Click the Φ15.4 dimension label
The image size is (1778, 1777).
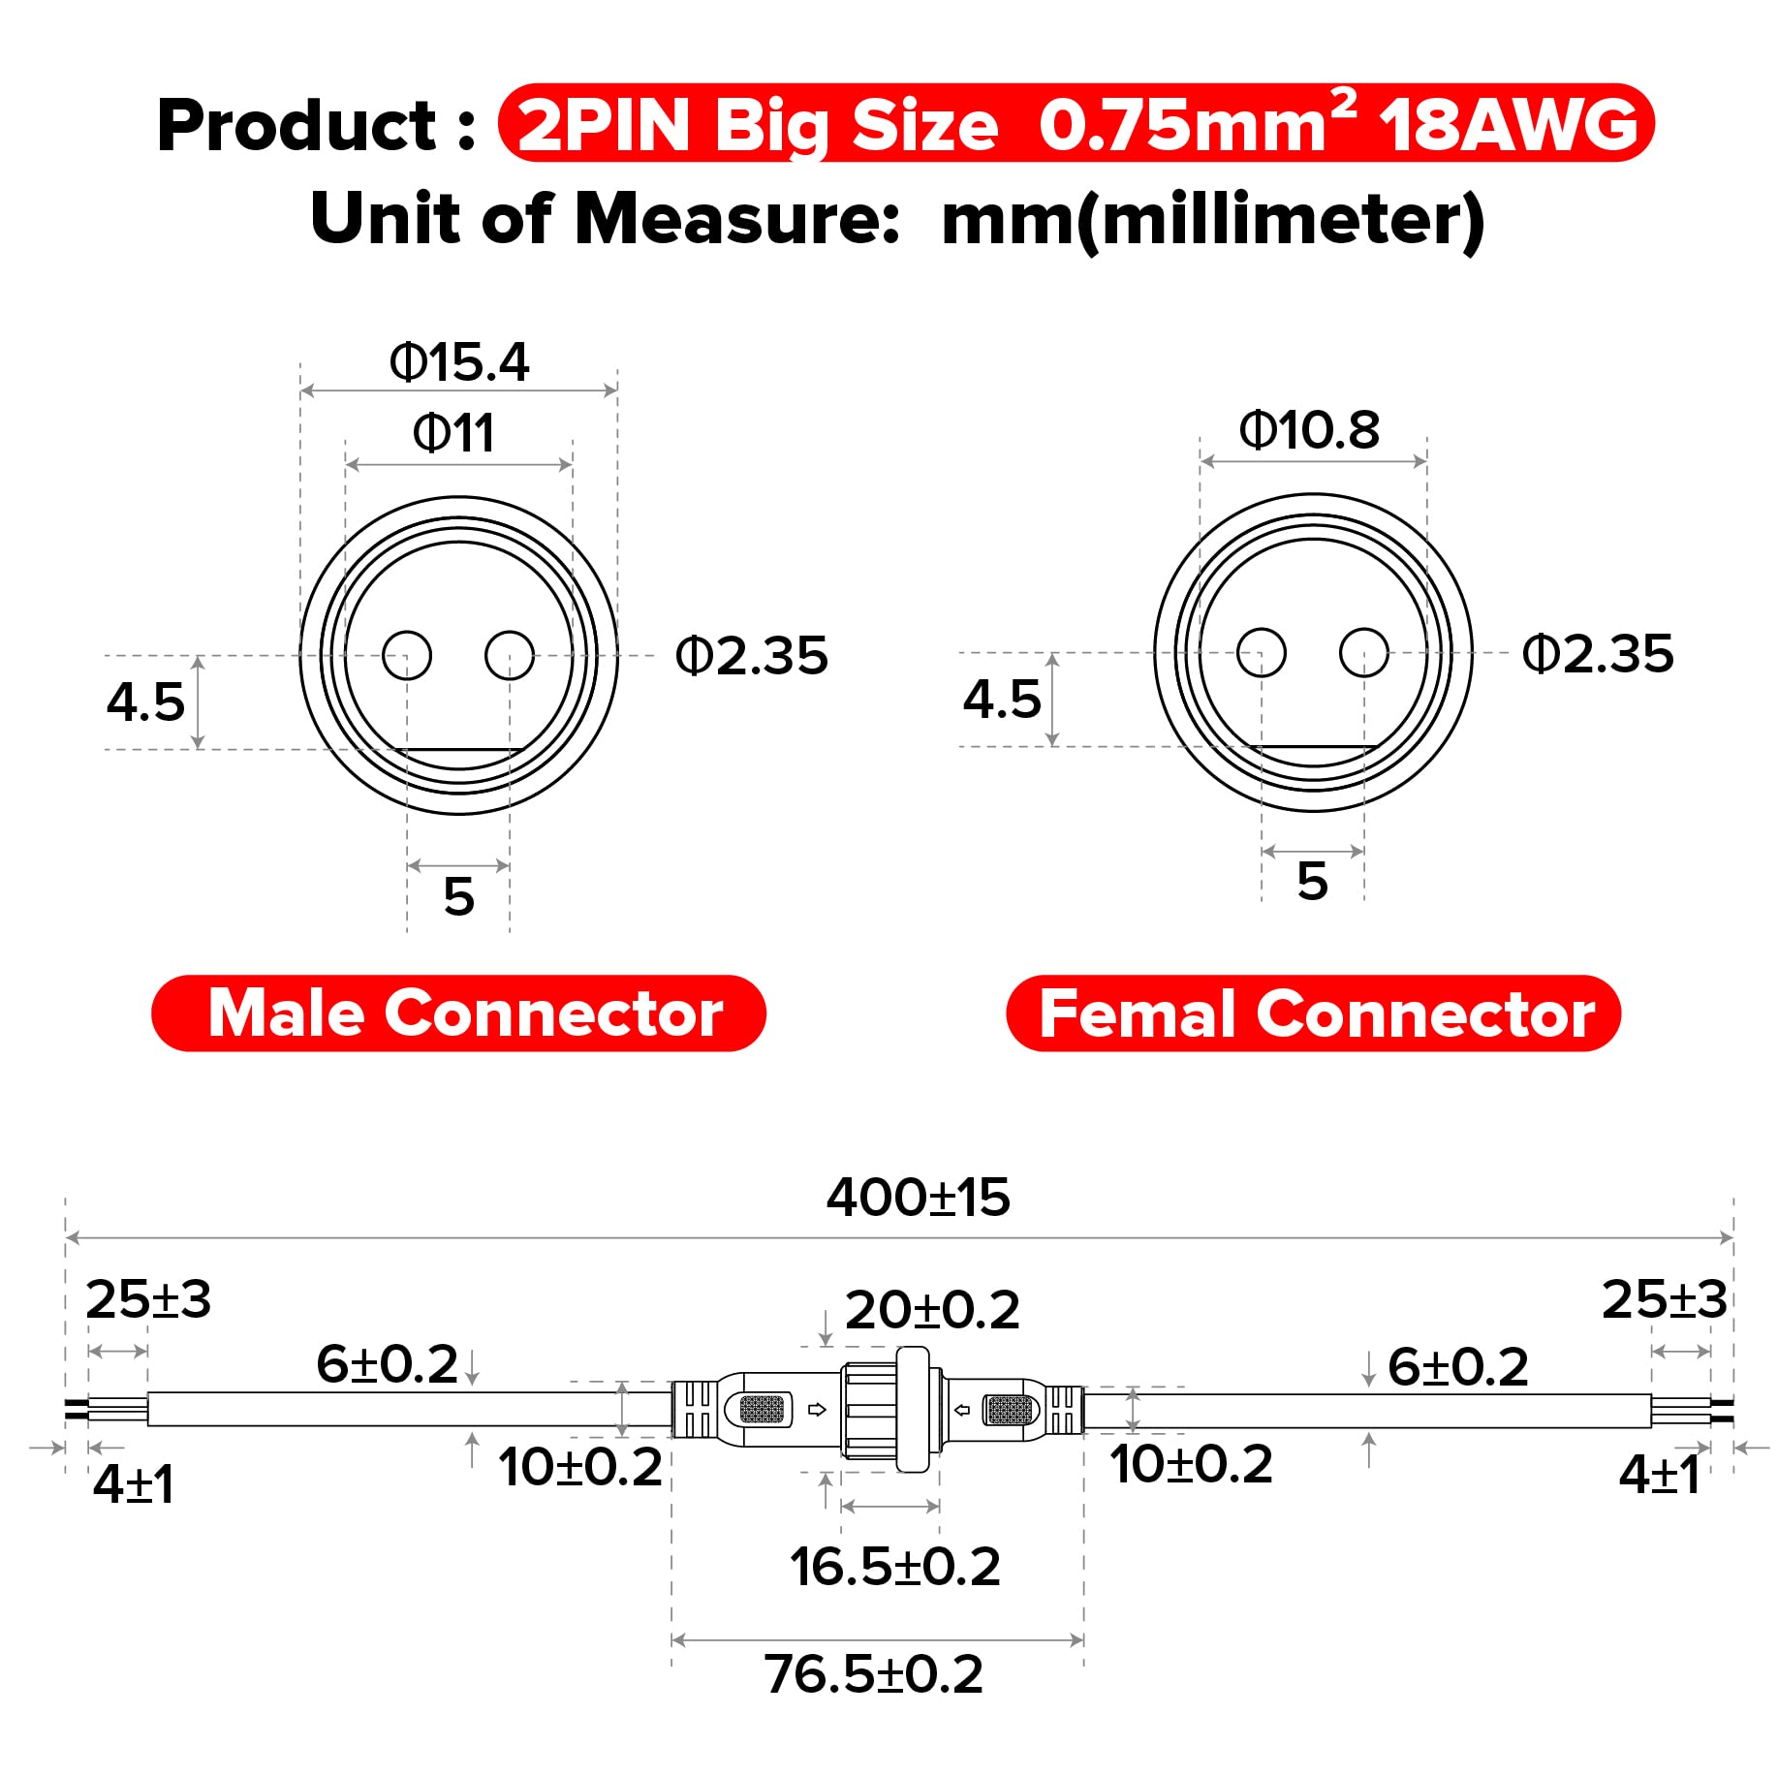(459, 362)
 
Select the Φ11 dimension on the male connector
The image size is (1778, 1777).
(453, 433)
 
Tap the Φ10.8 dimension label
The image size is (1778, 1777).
(1309, 429)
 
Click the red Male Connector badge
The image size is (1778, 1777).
(458, 1013)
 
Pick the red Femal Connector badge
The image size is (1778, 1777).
(1313, 1013)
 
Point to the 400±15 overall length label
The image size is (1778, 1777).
(918, 1198)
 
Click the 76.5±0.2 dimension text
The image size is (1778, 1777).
(873, 1674)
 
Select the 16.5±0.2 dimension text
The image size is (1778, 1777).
(894, 1567)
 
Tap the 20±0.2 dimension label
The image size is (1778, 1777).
(932, 1310)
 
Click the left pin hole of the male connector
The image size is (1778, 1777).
(407, 656)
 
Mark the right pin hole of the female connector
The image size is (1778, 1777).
(1364, 652)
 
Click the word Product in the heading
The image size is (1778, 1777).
(296, 126)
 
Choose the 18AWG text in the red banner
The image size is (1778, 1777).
(1508, 126)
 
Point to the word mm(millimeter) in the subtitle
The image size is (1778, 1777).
(1212, 219)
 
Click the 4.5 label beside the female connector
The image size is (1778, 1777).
(1002, 699)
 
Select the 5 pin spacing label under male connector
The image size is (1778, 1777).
(458, 896)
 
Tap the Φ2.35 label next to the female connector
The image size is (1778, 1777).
(1598, 654)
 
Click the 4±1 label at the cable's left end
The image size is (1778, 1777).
(134, 1483)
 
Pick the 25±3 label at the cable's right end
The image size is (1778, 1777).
(1664, 1299)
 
